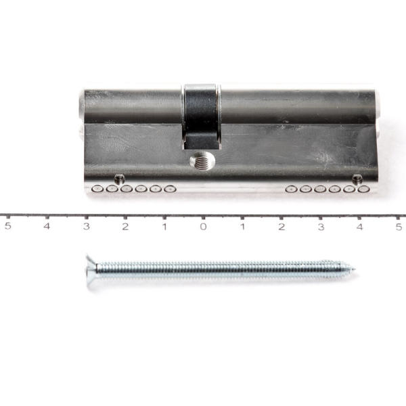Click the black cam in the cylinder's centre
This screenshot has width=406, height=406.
tap(201, 115)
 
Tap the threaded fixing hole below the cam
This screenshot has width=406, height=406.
tap(202, 161)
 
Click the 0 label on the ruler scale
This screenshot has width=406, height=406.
tap(203, 226)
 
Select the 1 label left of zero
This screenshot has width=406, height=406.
tap(164, 226)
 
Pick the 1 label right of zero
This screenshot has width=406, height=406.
tap(242, 226)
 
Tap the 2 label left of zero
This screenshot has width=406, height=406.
tap(125, 226)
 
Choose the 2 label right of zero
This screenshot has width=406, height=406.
tap(281, 226)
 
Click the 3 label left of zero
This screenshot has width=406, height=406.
tap(86, 226)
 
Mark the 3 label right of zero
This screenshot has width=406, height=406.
tap(321, 226)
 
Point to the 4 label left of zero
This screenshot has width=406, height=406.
tap(47, 226)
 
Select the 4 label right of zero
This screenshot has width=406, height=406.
tap(359, 226)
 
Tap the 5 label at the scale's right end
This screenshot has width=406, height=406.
tap(399, 226)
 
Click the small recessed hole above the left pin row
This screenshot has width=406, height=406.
tap(120, 179)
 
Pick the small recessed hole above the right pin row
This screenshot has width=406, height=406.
tap(357, 179)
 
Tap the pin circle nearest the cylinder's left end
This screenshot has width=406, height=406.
tap(98, 189)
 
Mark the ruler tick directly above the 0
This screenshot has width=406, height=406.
tap(203, 217)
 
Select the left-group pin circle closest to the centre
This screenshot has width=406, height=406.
tap(170, 189)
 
